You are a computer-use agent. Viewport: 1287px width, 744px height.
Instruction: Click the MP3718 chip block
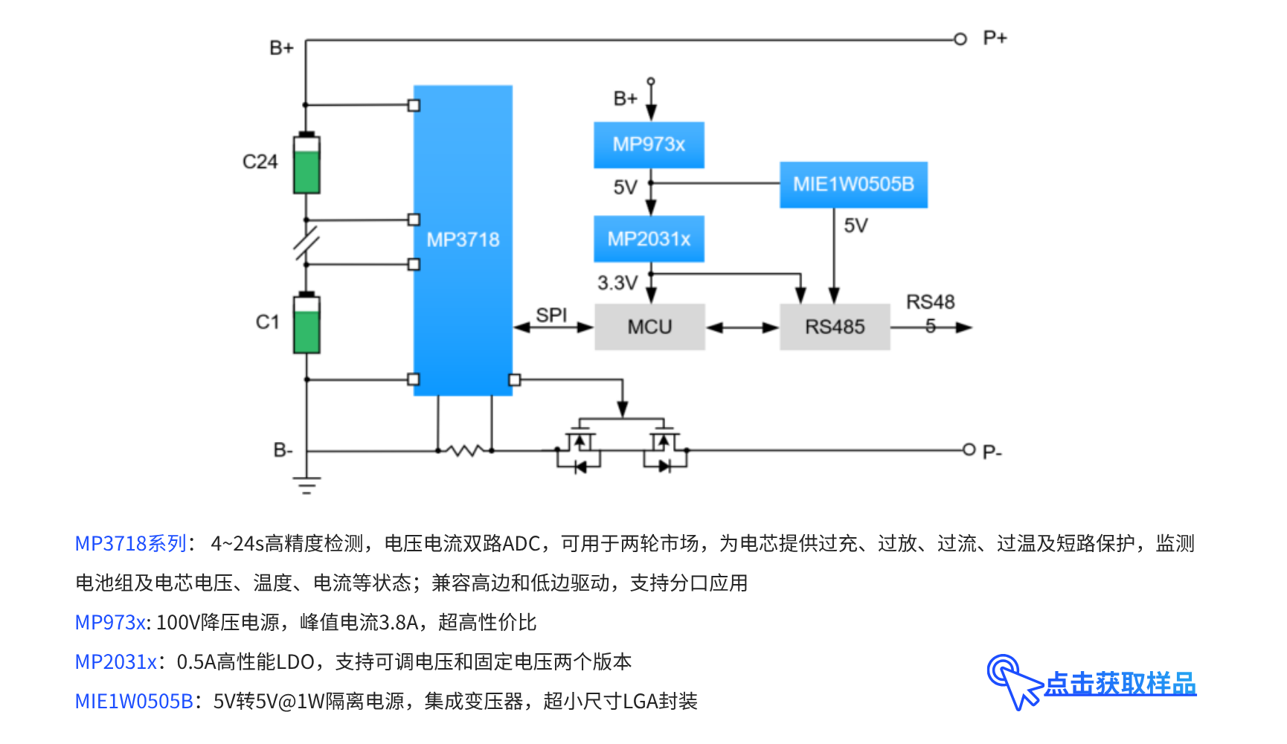(463, 240)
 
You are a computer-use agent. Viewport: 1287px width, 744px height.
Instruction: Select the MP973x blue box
(649, 144)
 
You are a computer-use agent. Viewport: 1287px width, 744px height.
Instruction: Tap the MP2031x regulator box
(649, 239)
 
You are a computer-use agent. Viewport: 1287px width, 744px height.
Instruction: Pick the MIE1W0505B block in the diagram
(853, 185)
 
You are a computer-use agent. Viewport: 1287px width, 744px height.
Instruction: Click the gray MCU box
(649, 327)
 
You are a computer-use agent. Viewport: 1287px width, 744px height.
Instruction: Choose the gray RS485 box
(835, 327)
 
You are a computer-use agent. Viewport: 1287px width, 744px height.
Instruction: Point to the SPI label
(551, 315)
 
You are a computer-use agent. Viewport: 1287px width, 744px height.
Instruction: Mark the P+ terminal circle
(960, 39)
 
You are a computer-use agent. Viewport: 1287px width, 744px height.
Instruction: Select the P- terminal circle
(969, 449)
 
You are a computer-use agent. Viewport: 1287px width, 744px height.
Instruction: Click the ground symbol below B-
(306, 484)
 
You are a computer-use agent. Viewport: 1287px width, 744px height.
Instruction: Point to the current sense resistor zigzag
(465, 450)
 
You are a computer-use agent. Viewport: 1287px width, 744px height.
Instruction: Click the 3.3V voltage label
(617, 283)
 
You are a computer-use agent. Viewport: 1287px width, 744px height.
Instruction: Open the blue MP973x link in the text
(110, 622)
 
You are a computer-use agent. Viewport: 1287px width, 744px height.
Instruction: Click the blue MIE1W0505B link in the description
(134, 701)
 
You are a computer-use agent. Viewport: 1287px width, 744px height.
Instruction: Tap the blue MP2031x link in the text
(116, 661)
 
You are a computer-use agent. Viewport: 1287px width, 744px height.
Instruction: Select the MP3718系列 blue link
(131, 543)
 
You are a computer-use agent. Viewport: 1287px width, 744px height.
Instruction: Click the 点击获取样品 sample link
(1120, 684)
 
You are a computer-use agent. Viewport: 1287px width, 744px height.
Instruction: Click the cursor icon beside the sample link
(1012, 680)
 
